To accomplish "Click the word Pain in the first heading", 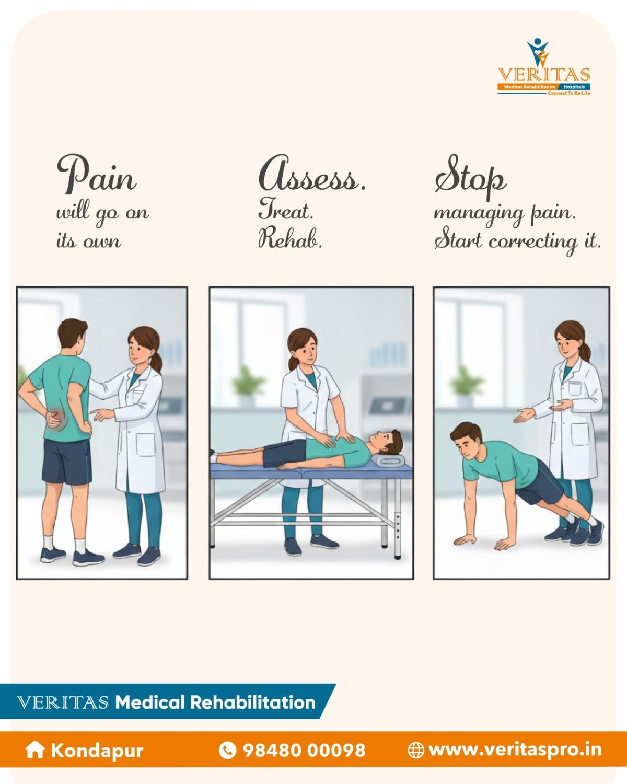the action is [x=97, y=174].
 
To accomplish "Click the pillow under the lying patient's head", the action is [x=390, y=460].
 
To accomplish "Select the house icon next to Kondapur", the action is [x=34, y=751].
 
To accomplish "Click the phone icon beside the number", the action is [x=227, y=751].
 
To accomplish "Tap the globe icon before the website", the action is [x=416, y=751].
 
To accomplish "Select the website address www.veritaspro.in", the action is [x=515, y=751].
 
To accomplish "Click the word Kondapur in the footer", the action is [x=97, y=751].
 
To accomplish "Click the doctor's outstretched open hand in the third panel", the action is [x=525, y=416].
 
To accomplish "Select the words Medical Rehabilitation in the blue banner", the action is [x=215, y=702].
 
